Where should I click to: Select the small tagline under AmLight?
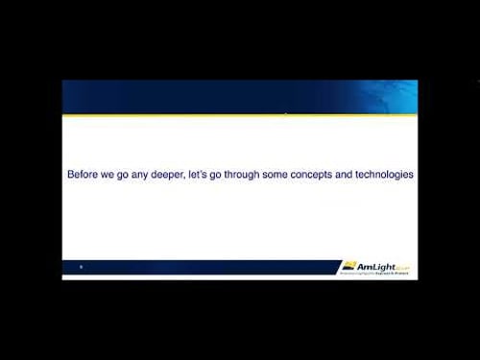point(378,275)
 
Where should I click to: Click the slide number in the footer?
point(81,267)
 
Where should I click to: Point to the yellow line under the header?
point(240,115)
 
